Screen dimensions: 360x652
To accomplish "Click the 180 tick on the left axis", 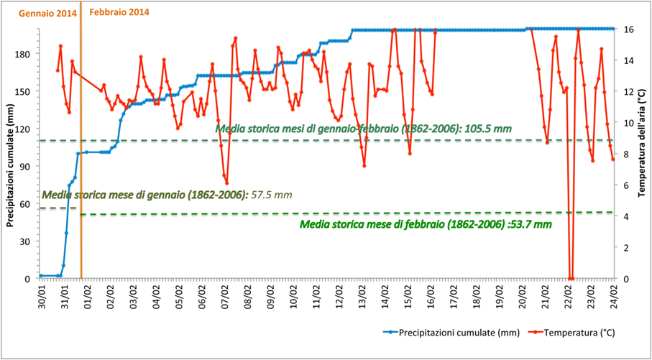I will (24, 54).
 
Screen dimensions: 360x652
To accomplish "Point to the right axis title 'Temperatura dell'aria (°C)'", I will (643, 151).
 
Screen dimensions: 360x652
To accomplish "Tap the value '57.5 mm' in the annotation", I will (272, 195).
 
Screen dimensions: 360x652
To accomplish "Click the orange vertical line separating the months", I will (81, 180).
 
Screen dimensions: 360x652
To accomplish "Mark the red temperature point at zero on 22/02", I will (571, 278).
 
